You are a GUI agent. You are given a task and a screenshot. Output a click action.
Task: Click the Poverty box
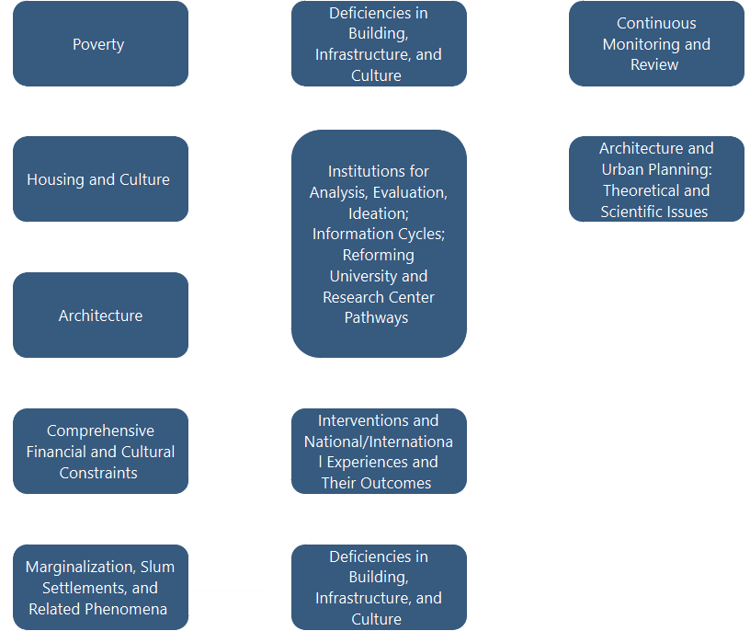pyautogui.click(x=100, y=44)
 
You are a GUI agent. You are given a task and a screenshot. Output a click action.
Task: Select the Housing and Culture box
pyautogui.click(x=100, y=179)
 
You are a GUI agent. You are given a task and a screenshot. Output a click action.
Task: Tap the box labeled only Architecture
pyautogui.click(x=100, y=315)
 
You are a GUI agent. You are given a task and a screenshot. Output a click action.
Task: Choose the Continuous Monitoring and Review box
pyautogui.click(x=656, y=44)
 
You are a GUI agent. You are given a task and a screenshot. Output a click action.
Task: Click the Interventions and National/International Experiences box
pyautogui.click(x=379, y=452)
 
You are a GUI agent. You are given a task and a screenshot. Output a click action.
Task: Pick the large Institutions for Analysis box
pyautogui.click(x=379, y=244)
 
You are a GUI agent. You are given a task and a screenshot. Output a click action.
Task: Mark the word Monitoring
pyautogui.click(x=643, y=44)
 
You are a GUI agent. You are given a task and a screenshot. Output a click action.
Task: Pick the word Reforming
pyautogui.click(x=378, y=255)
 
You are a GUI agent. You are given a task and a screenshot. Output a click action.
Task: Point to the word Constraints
pyautogui.click(x=98, y=473)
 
